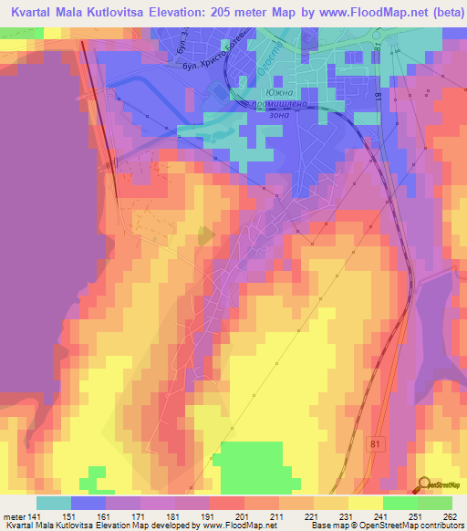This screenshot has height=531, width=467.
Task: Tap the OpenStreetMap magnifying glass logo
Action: [424, 484]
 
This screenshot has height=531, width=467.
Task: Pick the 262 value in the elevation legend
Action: [449, 516]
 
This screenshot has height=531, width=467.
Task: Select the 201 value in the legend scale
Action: [226, 516]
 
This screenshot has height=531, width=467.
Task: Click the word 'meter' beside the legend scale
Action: [13, 516]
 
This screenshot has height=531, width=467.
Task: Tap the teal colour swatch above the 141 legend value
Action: [54, 503]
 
